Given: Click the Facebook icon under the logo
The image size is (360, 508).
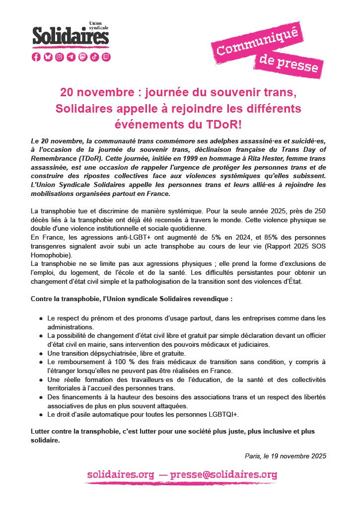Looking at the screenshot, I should (x=36, y=57).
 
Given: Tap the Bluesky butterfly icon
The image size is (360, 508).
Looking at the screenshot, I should (x=48, y=57).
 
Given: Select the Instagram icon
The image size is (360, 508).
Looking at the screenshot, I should (x=60, y=57).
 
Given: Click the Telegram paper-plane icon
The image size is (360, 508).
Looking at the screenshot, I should (x=71, y=57).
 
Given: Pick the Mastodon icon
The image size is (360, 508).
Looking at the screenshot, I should (x=83, y=57).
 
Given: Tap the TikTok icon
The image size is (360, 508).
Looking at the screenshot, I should (x=94, y=57).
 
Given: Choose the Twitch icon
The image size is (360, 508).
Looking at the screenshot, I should (x=106, y=57).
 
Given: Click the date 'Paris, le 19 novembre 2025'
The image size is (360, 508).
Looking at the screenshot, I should (x=286, y=456).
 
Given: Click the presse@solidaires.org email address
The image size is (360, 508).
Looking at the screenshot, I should (x=223, y=475).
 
